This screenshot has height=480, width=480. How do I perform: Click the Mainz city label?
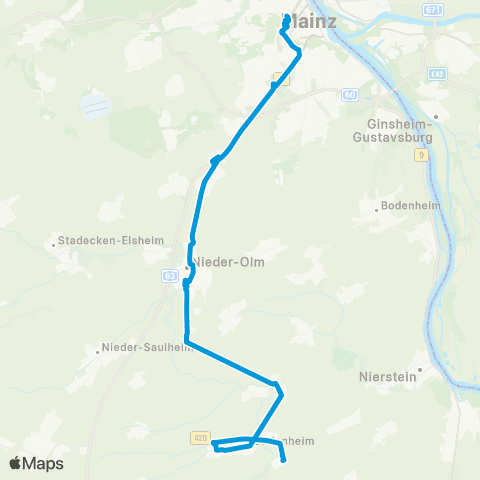tap(312, 20)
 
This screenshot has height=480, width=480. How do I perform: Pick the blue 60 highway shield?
tap(349, 95)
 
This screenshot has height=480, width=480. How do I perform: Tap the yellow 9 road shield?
tap(422, 155)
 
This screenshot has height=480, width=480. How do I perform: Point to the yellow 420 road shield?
tap(198, 437)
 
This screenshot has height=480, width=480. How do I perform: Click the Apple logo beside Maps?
tap(16, 463)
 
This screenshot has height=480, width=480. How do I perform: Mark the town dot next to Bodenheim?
tap(376, 209)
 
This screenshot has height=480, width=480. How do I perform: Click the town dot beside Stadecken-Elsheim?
tap(54, 241)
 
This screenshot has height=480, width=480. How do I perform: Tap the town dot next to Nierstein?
tap(422, 370)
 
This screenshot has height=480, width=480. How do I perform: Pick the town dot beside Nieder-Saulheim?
tap(97, 349)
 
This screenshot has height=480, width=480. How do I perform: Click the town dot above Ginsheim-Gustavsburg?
tap(435, 116)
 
